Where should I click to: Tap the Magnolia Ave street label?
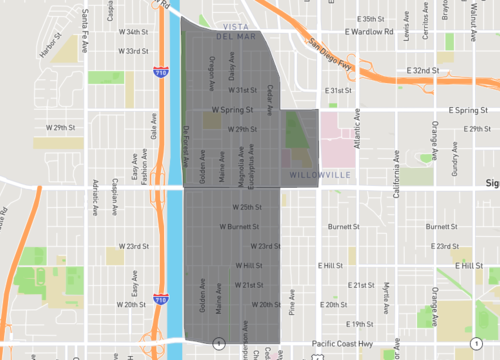pyautogui.click(x=240, y=160)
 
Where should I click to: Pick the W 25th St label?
pyautogui.click(x=246, y=207)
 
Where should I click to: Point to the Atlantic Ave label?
pyautogui.click(x=356, y=132)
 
